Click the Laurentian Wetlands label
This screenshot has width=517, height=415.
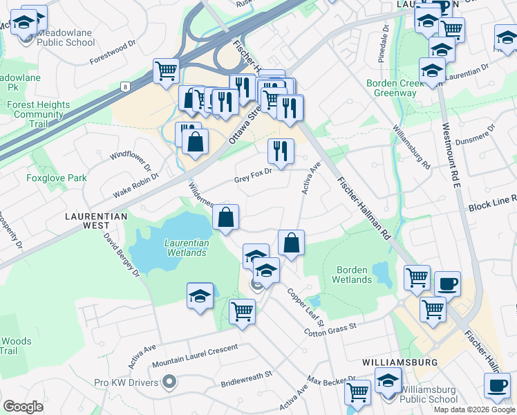185,248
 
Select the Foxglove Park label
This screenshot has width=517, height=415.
57,178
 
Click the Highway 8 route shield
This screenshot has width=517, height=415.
125,86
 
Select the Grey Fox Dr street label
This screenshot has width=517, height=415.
252,172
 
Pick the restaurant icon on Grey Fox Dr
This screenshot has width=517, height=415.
281,151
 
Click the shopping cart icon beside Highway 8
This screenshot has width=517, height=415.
167,70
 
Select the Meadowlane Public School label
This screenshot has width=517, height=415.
66,37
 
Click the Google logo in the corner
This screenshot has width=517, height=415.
23,407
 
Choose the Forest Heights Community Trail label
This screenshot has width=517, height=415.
38,114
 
